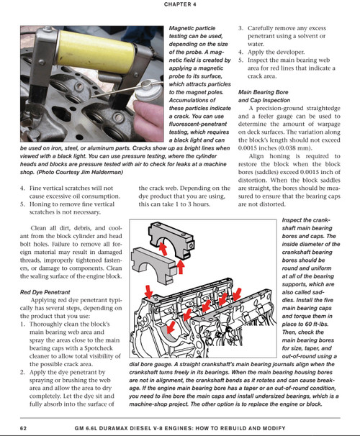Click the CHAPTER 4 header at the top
pyautogui.click(x=180, y=4)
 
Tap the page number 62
pyautogui.click(x=23, y=428)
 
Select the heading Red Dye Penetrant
pyautogui.click(x=45, y=292)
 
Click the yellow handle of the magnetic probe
pyautogui.click(x=96, y=48)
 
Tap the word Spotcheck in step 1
pyautogui.click(x=99, y=348)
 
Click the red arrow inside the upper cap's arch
pyautogui.click(x=163, y=248)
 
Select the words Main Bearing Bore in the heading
pyautogui.click(x=264, y=92)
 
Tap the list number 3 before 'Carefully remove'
pyautogui.click(x=240, y=28)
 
